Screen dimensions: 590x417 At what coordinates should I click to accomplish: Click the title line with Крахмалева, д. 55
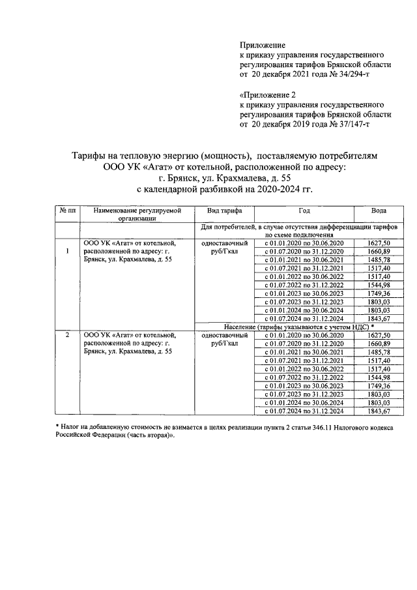[x=225, y=177]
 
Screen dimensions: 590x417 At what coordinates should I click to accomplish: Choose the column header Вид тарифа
[x=225, y=211]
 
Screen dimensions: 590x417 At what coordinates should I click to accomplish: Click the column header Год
[x=304, y=211]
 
